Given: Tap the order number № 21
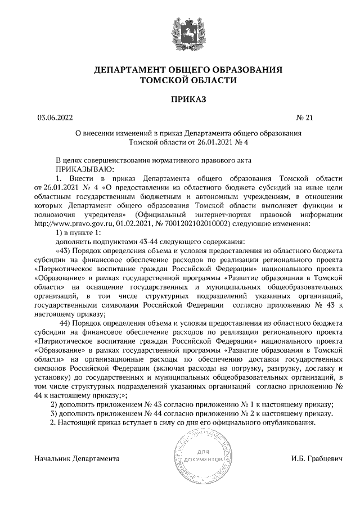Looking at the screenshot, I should (304, 118).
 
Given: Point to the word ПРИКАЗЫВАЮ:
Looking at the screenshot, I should (85, 169).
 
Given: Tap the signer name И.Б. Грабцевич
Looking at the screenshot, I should (317, 459).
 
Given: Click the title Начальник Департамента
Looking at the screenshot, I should (77, 459).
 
